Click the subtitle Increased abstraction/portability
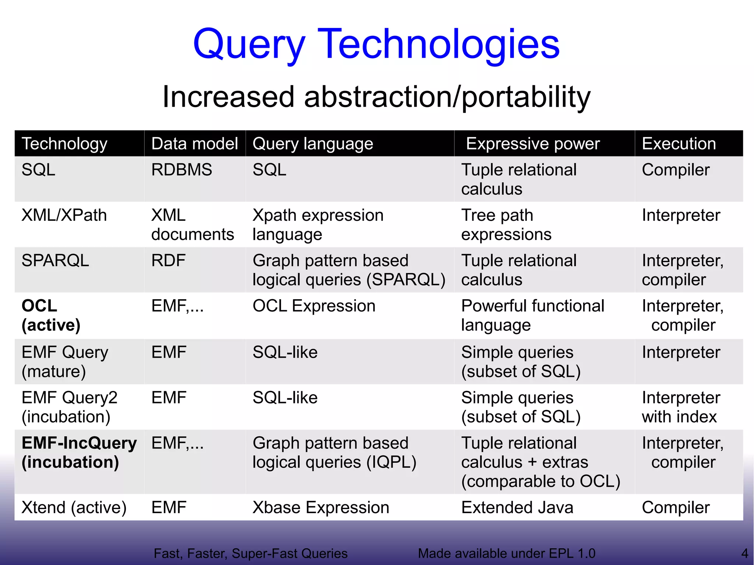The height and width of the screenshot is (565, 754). [x=376, y=97]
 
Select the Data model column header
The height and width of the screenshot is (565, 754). [x=194, y=144]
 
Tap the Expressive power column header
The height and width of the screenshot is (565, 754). [x=532, y=144]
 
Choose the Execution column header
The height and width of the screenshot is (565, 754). [x=679, y=144]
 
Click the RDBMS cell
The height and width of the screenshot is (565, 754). [x=182, y=170]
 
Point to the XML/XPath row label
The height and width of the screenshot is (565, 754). [x=64, y=215]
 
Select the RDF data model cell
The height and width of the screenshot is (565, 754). [x=168, y=261]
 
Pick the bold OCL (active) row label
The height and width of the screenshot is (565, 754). [x=51, y=315]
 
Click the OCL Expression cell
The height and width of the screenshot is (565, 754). [x=314, y=306]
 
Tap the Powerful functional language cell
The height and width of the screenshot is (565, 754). [x=532, y=315]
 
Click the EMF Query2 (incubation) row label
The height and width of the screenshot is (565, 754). [x=69, y=407]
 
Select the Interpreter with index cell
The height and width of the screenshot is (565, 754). [x=681, y=407]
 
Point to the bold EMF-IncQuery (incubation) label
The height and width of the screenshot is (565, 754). [x=79, y=452]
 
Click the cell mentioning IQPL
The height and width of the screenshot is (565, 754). [x=334, y=452]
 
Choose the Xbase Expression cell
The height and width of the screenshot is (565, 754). [x=321, y=508]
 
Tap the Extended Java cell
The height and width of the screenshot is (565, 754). [x=517, y=508]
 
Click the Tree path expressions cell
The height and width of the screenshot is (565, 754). [x=506, y=225]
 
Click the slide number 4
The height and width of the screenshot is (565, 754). [x=744, y=553]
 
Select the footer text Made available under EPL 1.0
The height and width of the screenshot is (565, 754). [x=506, y=553]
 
